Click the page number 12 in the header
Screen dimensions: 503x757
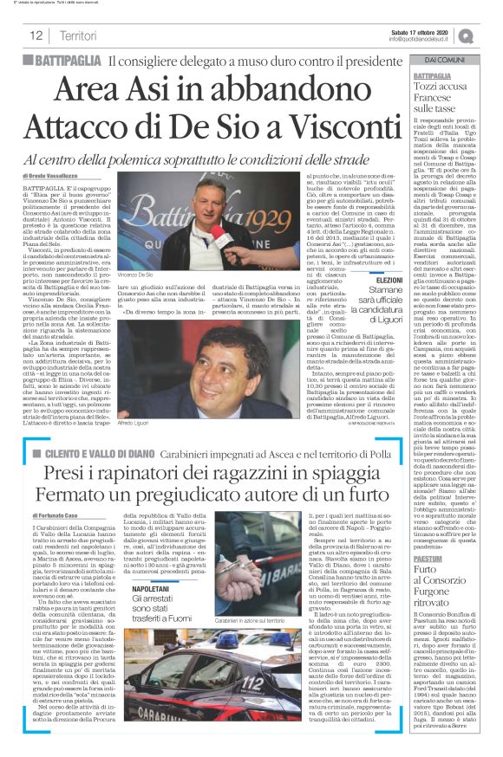pos(37,36)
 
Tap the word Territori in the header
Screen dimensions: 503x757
pos(79,36)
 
